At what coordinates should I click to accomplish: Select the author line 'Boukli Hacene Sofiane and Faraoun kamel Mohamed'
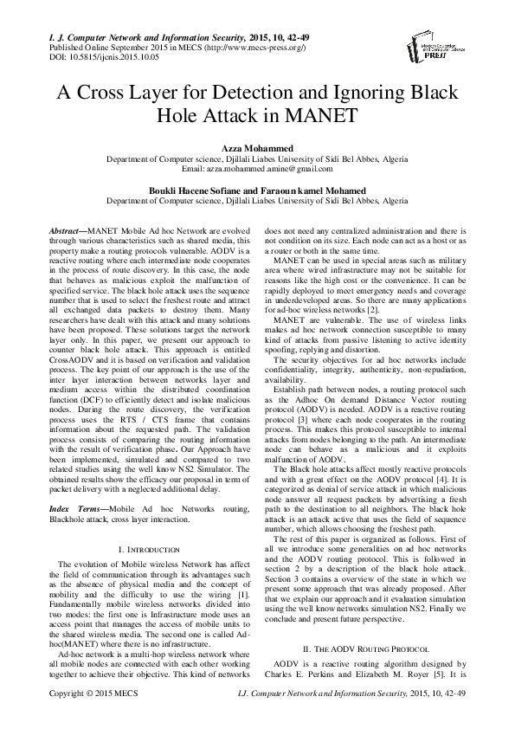point(257,188)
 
